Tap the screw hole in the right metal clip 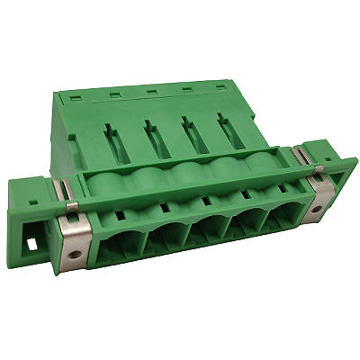321,213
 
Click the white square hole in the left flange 33,244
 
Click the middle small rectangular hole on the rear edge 152,90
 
